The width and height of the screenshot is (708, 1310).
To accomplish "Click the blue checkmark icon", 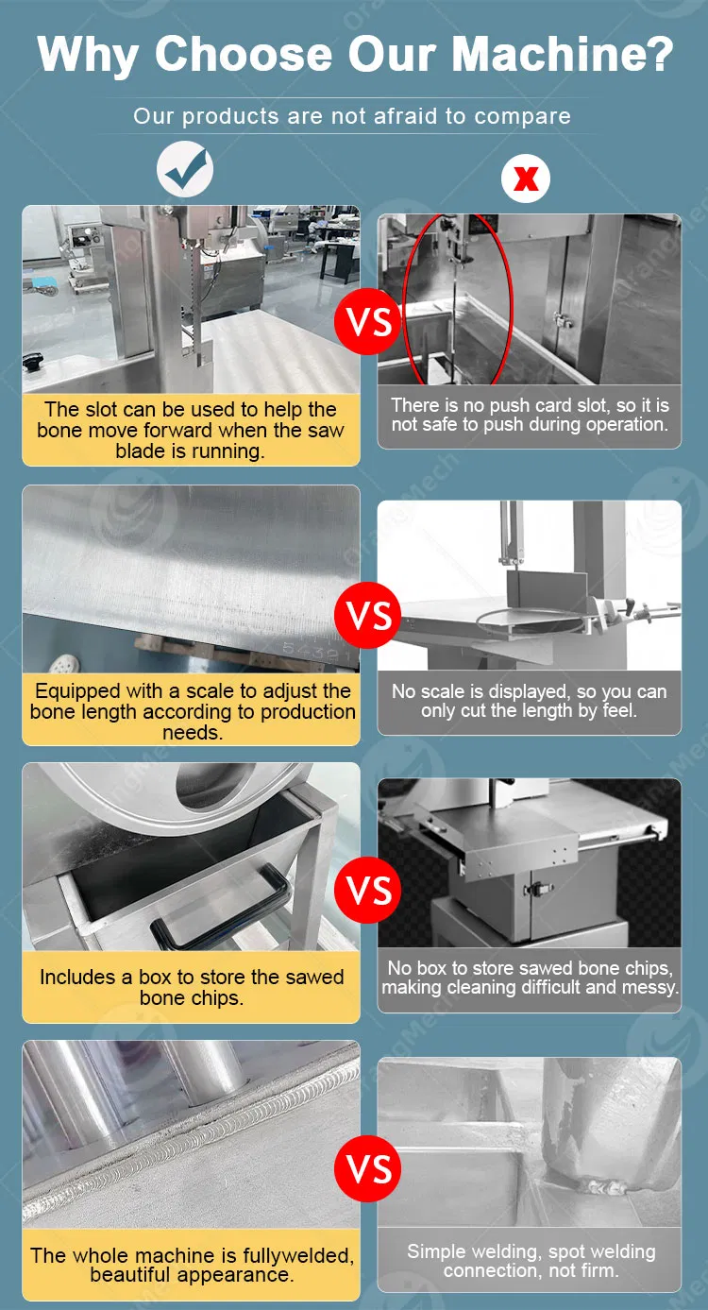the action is click(x=185, y=169).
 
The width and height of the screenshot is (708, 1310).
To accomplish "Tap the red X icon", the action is click(x=526, y=179).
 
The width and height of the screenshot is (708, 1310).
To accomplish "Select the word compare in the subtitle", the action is click(x=523, y=116).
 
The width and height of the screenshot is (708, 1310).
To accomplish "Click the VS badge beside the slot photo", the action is click(x=368, y=321).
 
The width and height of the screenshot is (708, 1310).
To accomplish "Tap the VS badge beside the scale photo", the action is click(x=368, y=615).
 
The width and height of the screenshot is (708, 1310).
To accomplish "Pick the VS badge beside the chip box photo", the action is click(x=368, y=890).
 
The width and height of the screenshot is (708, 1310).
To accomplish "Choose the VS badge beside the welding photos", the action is click(x=368, y=1168).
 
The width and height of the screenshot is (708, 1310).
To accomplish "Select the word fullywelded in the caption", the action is click(x=298, y=1255).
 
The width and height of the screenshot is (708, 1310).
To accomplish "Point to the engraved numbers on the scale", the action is click(x=314, y=651).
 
